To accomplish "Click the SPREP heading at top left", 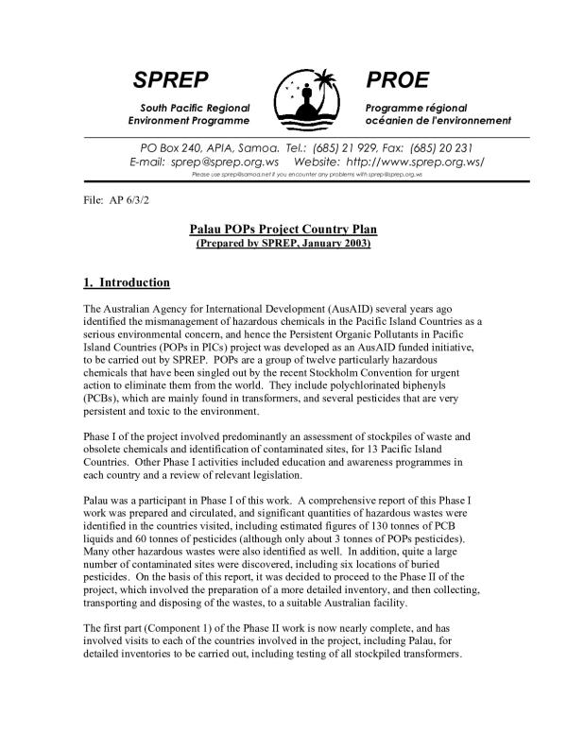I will click(170, 78).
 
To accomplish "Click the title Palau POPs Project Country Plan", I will click(283, 231).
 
